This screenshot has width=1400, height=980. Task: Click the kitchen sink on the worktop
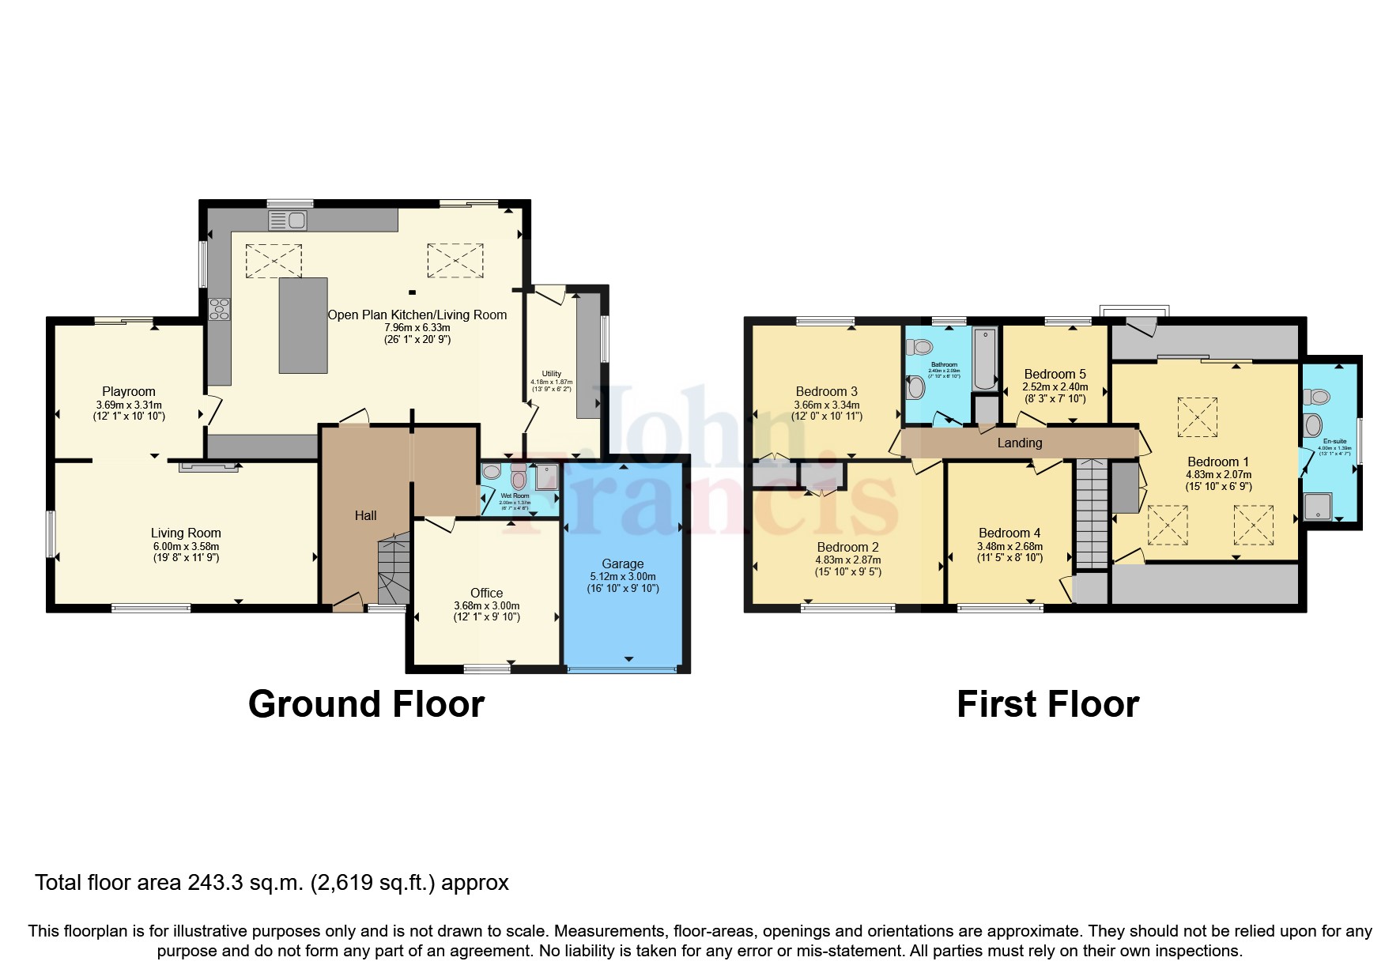[x=288, y=220]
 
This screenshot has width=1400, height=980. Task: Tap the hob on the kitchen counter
[x=219, y=309]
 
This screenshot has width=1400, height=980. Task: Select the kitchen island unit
[x=303, y=325]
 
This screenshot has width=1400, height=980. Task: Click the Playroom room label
[x=129, y=391]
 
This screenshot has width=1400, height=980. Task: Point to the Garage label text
[x=622, y=563]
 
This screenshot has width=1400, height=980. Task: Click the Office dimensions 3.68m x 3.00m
[x=486, y=606]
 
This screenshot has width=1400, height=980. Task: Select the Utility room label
[x=551, y=374]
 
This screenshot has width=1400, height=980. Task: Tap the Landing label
[x=1019, y=443]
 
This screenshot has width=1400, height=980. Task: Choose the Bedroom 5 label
[x=1055, y=374]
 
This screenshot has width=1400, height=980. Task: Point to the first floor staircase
[x=1092, y=513]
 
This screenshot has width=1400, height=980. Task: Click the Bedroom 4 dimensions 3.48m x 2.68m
[x=1009, y=546]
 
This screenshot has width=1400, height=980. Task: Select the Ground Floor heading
[x=366, y=703]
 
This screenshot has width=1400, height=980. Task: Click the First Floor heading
[x=1047, y=703]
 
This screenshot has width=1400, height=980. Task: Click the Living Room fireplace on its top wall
[x=209, y=467]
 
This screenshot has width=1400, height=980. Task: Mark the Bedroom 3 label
[x=826, y=391]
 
